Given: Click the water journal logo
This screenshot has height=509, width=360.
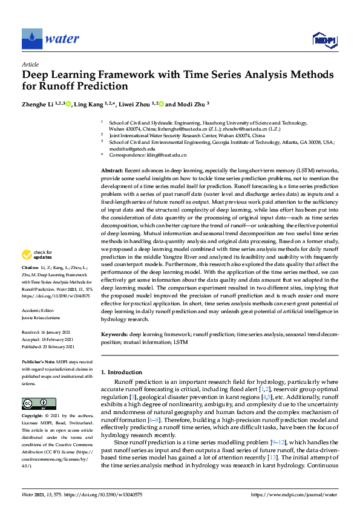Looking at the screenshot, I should coord(51,39).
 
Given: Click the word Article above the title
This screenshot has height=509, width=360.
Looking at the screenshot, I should coord(30,65).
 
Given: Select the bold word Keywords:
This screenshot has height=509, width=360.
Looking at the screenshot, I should coord(114,334).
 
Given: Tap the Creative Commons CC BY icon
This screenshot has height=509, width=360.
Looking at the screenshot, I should coord(31,403).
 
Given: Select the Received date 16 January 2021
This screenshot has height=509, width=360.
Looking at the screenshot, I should coord(47,332).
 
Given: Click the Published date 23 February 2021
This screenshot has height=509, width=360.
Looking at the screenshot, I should coord(48,346).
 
